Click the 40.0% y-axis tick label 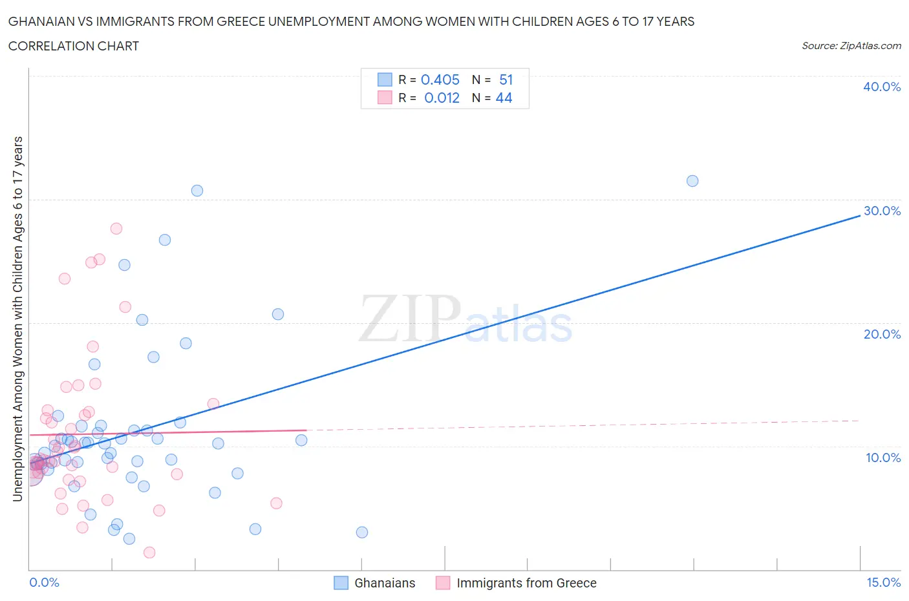(881, 87)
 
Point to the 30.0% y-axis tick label (881, 211)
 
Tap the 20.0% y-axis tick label (881, 334)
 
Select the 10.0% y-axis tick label (882, 458)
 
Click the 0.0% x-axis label (44, 582)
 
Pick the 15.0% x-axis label (883, 582)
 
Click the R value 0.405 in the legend (440, 79)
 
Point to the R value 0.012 (442, 98)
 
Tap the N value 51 (506, 79)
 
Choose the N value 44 (504, 98)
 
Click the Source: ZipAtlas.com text (851, 46)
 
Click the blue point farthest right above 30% (692, 181)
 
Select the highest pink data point (116, 228)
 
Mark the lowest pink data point (149, 552)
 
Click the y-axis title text (17, 319)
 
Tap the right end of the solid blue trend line (859, 216)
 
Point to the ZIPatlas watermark (465, 320)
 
